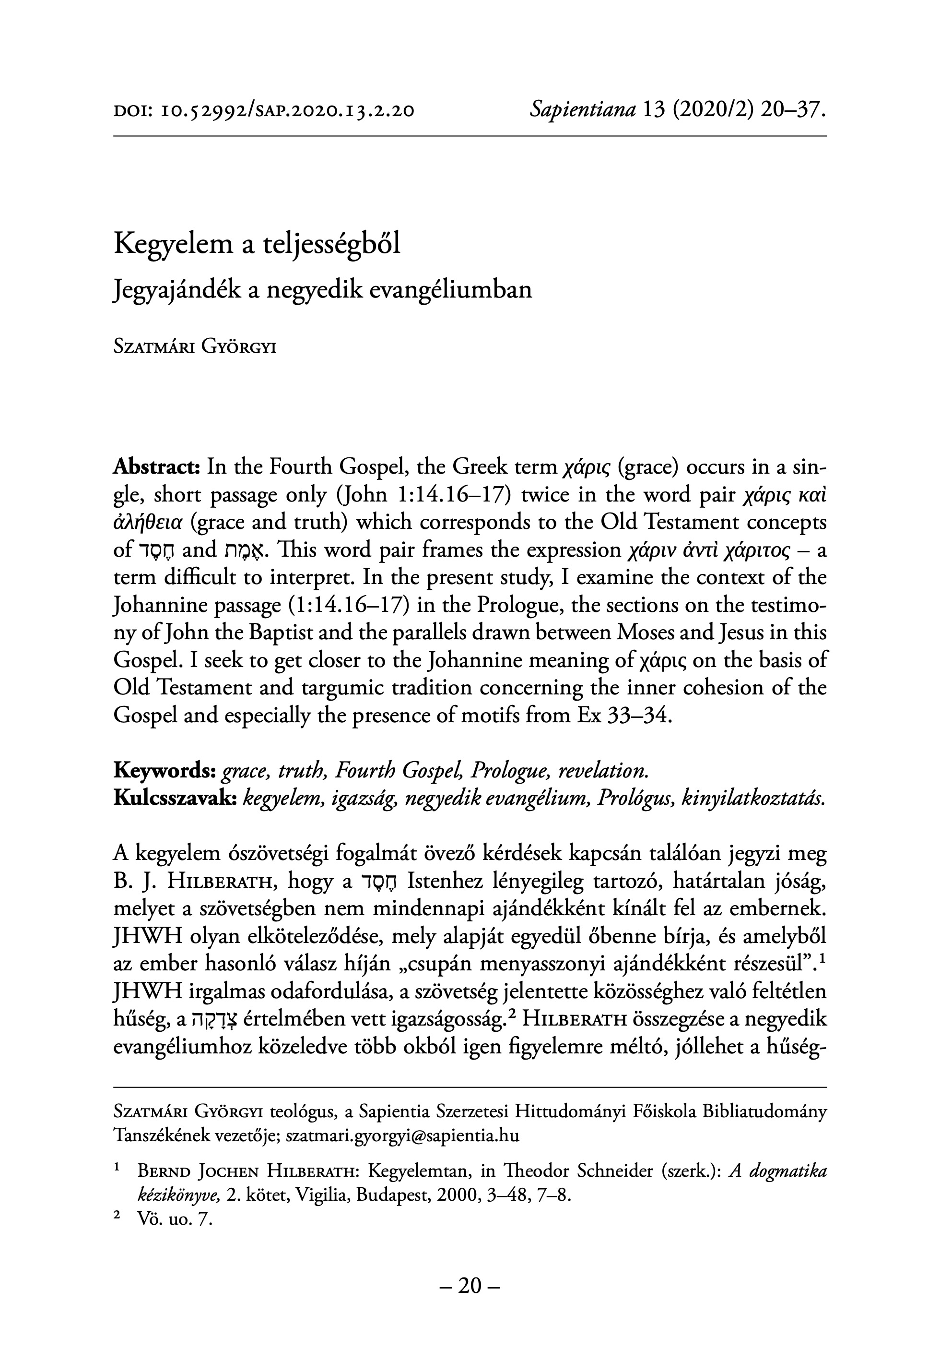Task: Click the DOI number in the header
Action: tap(284, 110)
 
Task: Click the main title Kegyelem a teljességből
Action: tap(257, 244)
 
